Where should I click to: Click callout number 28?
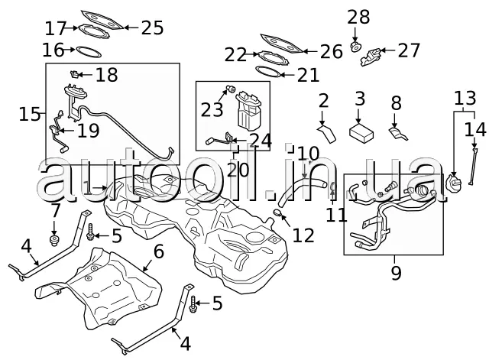(x=358, y=17)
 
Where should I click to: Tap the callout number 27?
(x=409, y=50)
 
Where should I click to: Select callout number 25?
(x=153, y=28)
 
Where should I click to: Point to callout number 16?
(x=53, y=50)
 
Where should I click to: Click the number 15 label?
(x=30, y=114)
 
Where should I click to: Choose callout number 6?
(x=160, y=251)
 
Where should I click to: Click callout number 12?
(x=303, y=234)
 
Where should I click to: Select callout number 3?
(x=360, y=99)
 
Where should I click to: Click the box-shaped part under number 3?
(x=360, y=131)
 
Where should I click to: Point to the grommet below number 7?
(x=55, y=242)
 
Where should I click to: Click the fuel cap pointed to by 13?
(x=454, y=183)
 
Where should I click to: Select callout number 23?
(x=212, y=109)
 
